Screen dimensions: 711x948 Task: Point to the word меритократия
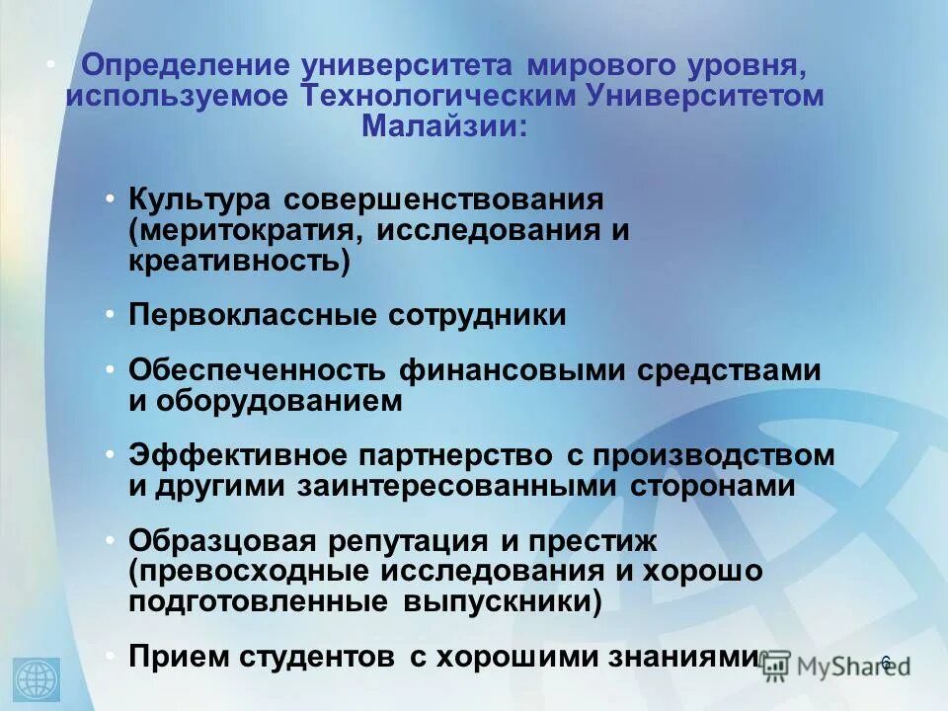pyautogui.click(x=240, y=231)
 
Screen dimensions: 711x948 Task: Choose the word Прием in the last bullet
pyautogui.click(x=178, y=657)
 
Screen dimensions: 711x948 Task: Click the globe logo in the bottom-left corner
pyautogui.click(x=38, y=679)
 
